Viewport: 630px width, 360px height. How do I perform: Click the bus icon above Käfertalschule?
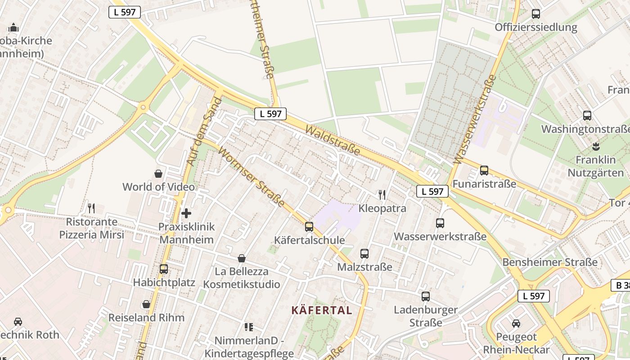309,226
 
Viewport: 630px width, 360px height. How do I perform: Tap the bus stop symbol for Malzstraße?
364,254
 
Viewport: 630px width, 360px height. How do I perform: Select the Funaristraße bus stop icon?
484,171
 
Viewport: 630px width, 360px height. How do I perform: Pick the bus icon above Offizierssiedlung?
536,13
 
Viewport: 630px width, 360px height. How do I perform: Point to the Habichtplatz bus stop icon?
164,269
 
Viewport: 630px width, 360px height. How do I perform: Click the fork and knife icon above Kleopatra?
382,195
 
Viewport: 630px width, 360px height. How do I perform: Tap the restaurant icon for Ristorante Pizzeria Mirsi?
91,208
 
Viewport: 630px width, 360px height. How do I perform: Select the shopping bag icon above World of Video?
158,173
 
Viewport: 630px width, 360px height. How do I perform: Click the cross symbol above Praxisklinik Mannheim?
186,213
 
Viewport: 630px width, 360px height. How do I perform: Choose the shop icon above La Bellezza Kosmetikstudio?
242,258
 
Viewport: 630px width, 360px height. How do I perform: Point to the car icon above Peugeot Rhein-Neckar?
516,323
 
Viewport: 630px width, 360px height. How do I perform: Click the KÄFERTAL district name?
322,310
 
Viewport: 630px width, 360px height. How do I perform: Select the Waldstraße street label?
333,140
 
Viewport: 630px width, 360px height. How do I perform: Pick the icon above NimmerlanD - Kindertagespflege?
248,327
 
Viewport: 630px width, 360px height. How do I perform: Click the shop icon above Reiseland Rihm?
146,304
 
